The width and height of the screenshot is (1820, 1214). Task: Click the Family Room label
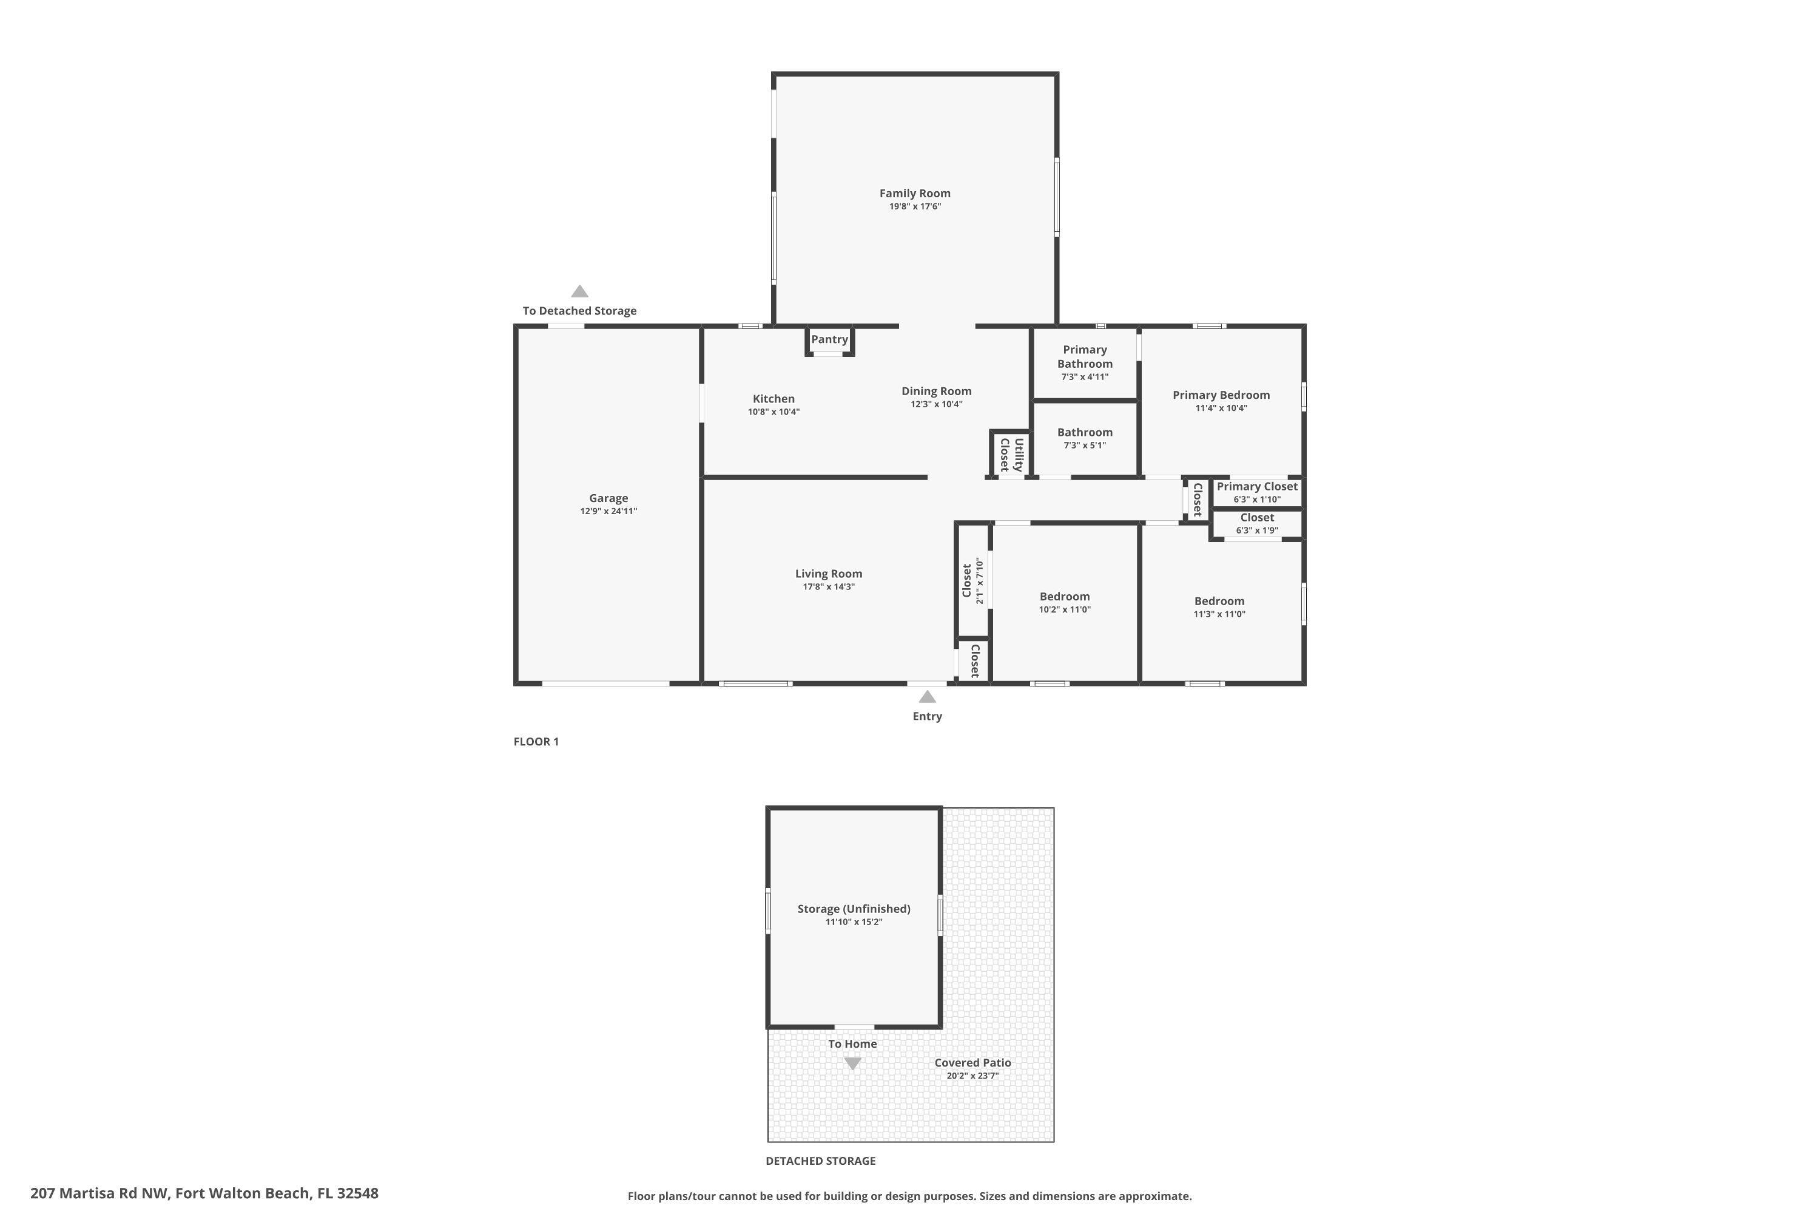(x=915, y=194)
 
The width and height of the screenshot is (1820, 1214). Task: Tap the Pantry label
(x=829, y=339)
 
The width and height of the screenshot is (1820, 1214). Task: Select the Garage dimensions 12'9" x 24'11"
(x=608, y=511)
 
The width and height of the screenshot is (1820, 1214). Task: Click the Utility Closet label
(x=1011, y=455)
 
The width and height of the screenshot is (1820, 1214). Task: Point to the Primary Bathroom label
(x=1085, y=357)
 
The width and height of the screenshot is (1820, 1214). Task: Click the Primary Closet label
(x=1256, y=486)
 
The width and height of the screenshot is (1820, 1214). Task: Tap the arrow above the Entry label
(x=927, y=697)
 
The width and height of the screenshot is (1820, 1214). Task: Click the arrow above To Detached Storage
(x=579, y=292)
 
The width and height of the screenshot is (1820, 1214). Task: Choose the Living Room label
(x=828, y=574)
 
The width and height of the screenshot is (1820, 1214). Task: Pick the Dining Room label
(x=936, y=391)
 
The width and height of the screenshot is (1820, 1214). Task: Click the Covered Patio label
(x=972, y=1063)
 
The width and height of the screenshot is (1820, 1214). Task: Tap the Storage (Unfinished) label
(x=854, y=909)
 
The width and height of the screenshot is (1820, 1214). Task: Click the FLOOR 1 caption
(x=536, y=742)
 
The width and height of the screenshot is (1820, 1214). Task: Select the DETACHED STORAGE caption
(x=820, y=1161)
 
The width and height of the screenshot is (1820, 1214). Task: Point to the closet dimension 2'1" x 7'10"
(x=980, y=581)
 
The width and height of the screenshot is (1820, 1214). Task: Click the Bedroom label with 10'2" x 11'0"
(x=1064, y=596)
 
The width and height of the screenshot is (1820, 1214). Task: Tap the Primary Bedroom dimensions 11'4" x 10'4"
(x=1221, y=408)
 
